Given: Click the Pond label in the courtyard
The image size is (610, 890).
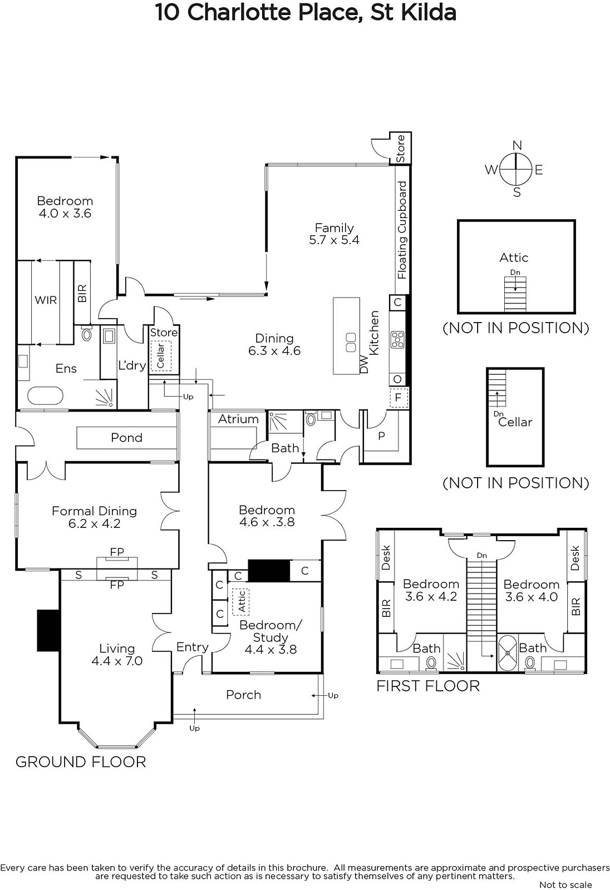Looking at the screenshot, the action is pyautogui.click(x=126, y=437).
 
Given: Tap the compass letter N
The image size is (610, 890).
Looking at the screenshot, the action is pyautogui.click(x=517, y=145).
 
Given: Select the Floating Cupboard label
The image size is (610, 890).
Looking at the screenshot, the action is pyautogui.click(x=402, y=230).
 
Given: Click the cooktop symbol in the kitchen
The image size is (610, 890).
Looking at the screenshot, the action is pyautogui.click(x=397, y=339).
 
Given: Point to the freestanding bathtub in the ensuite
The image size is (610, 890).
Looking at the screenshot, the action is pyautogui.click(x=45, y=395).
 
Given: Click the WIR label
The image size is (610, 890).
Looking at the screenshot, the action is pyautogui.click(x=46, y=300).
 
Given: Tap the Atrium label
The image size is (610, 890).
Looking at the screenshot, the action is pyautogui.click(x=238, y=419).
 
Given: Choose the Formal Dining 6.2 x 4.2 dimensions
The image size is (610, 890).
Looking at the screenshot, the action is pyautogui.click(x=94, y=523).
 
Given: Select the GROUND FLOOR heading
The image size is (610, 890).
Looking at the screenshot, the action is pyautogui.click(x=81, y=762).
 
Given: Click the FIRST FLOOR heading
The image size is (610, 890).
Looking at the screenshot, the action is pyautogui.click(x=428, y=686).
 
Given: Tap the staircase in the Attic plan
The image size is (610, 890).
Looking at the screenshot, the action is pyautogui.click(x=515, y=294).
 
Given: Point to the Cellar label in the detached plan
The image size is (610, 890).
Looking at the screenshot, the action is pyautogui.click(x=515, y=422).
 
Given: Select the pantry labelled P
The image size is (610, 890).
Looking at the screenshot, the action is pyautogui.click(x=381, y=436).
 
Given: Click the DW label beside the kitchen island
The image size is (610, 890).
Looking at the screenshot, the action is pyautogui.click(x=364, y=364).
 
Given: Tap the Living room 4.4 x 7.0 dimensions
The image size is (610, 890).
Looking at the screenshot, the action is pyautogui.click(x=117, y=661).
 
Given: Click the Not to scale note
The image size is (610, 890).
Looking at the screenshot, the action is pyautogui.click(x=565, y=884).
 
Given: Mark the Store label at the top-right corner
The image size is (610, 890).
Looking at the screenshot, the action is pyautogui.click(x=400, y=148).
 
